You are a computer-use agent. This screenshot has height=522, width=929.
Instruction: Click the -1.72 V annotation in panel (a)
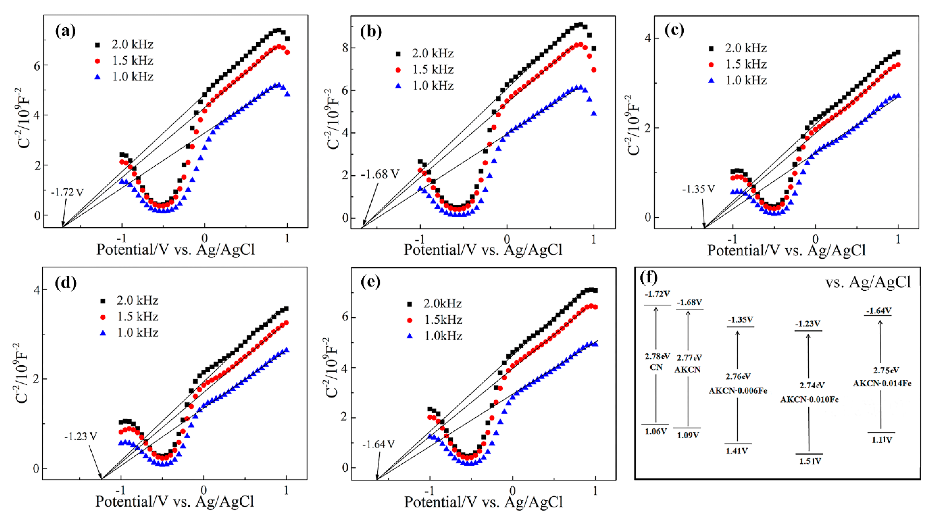point(67,192)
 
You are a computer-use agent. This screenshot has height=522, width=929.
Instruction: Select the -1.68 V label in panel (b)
point(380,175)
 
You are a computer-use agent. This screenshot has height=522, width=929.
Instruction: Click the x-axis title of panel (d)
point(175,501)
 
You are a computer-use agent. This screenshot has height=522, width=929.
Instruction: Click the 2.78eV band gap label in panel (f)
point(657,356)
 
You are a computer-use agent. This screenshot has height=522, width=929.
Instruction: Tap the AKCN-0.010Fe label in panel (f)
point(810,400)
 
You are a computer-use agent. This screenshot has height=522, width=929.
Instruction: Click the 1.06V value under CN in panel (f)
point(656,431)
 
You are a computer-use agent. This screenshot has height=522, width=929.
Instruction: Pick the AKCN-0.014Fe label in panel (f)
point(882,383)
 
